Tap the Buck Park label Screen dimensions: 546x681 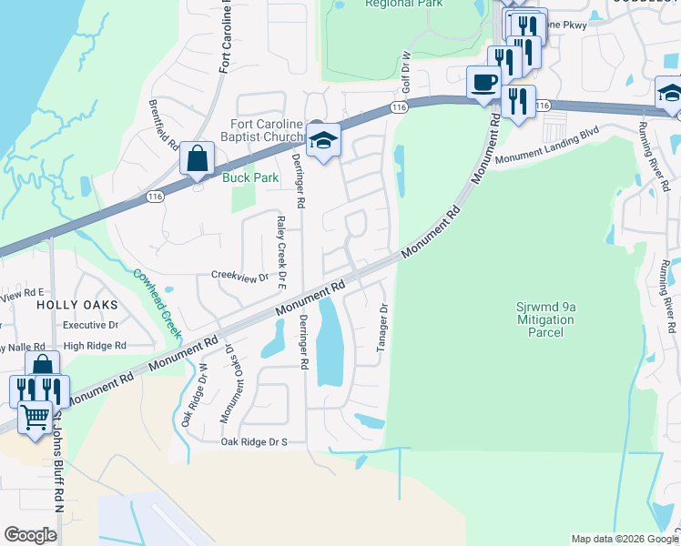click(x=250, y=177)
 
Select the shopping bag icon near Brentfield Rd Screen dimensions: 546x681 click(x=197, y=159)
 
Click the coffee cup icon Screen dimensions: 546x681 click(x=483, y=83)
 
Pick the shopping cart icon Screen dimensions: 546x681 click(x=36, y=417)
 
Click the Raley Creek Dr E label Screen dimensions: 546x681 click(x=280, y=248)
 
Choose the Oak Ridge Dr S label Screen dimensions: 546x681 click(x=254, y=442)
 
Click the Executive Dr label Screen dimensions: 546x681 click(x=91, y=325)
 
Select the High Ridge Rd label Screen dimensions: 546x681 click(x=95, y=346)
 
